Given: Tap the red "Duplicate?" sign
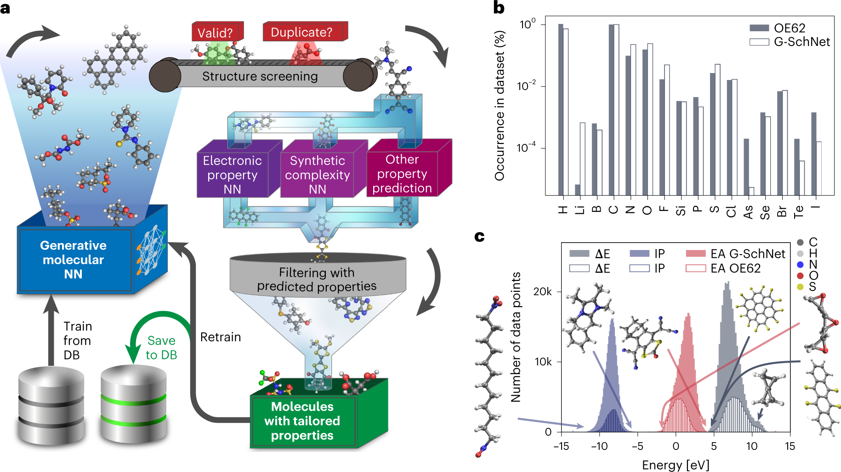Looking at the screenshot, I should pyautogui.click(x=301, y=32).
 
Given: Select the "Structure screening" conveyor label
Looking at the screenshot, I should pyautogui.click(x=260, y=76).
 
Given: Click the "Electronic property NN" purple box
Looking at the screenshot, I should pyautogui.click(x=233, y=175).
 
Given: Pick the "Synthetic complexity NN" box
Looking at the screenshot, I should pyautogui.click(x=318, y=175).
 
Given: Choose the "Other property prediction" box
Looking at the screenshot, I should pyautogui.click(x=402, y=174).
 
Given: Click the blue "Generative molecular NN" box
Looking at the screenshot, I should pyautogui.click(x=74, y=260).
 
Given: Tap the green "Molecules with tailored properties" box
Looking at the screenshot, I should pyautogui.click(x=302, y=421).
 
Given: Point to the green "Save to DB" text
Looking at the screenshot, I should pyautogui.click(x=161, y=347).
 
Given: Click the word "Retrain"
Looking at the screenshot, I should pyautogui.click(x=221, y=337).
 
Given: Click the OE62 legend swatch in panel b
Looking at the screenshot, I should pyautogui.click(x=759, y=28).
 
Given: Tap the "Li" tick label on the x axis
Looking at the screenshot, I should pyautogui.click(x=580, y=210).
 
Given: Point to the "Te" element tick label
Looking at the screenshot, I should pyautogui.click(x=799, y=211).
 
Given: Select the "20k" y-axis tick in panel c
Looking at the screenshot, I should pyautogui.click(x=542, y=292).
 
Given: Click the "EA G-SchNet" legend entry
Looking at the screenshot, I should pyautogui.click(x=735, y=254).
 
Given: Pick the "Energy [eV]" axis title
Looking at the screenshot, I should pyautogui.click(x=676, y=465).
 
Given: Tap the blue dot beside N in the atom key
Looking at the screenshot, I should pyautogui.click(x=801, y=264).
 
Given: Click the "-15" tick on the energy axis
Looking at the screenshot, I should pyautogui.click(x=561, y=446).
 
